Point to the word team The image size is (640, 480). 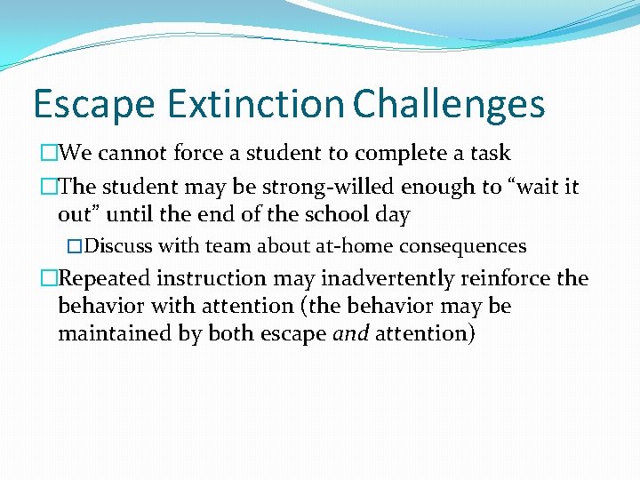pyautogui.click(x=228, y=245)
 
